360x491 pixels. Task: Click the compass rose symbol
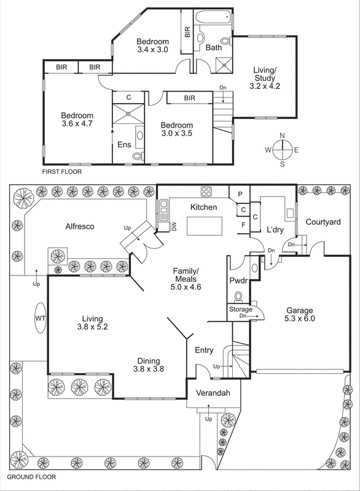click(x=282, y=149)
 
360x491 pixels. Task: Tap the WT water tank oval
click(x=40, y=319)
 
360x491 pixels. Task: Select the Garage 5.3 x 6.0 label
click(x=299, y=314)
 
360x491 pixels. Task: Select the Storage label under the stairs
click(x=240, y=309)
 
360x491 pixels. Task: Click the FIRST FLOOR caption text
click(x=61, y=172)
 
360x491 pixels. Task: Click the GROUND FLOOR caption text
click(x=31, y=476)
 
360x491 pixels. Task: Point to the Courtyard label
click(x=323, y=222)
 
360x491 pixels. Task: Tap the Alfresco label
click(x=80, y=226)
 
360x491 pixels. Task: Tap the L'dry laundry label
click(x=275, y=230)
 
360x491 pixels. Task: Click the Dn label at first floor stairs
click(x=222, y=88)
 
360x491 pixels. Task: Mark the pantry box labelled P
click(x=240, y=194)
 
